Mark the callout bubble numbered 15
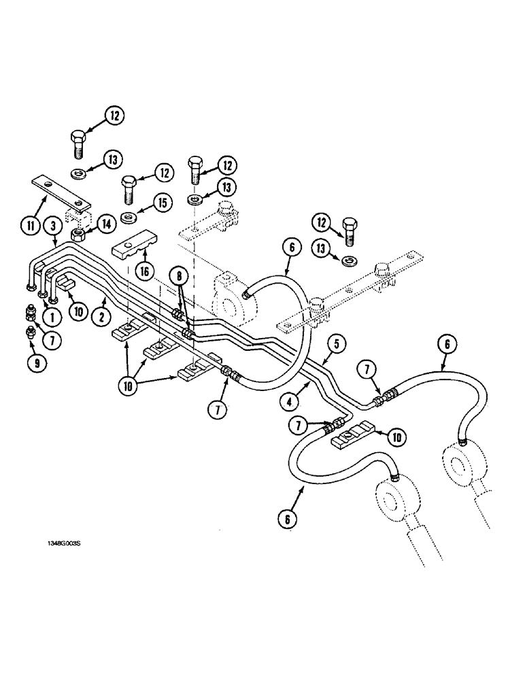[161, 203]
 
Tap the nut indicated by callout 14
[79, 235]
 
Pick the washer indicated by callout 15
[128, 218]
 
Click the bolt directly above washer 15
[129, 188]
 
